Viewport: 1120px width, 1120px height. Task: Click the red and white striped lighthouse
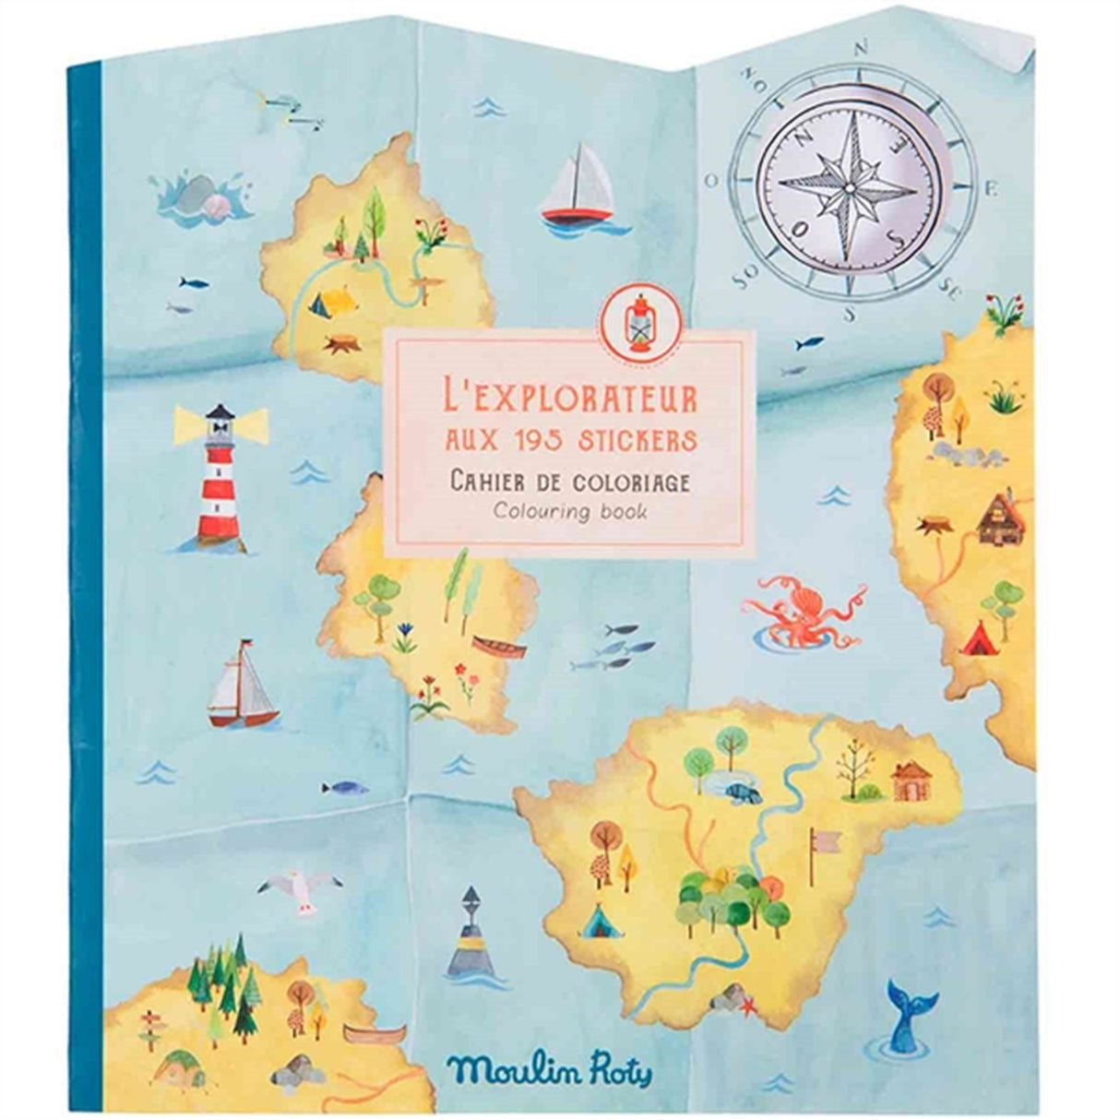pyautogui.click(x=219, y=481)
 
